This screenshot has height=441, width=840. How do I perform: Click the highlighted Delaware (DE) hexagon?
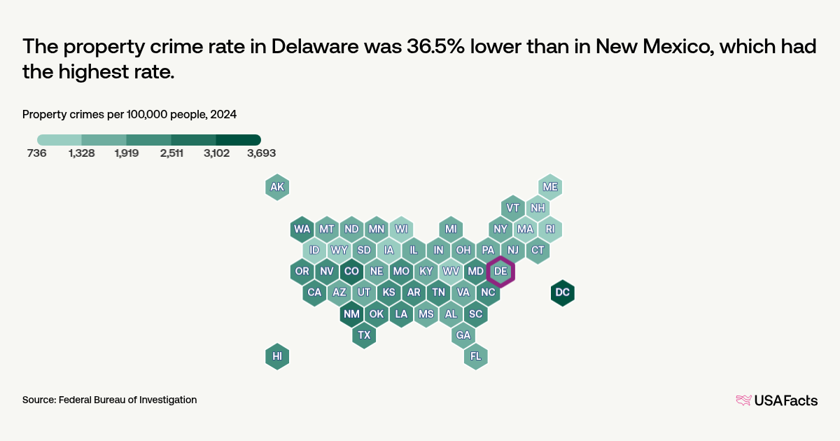point(500,271)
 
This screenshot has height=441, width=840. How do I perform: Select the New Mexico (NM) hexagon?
point(351,314)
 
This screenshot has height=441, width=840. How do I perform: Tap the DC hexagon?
point(562,292)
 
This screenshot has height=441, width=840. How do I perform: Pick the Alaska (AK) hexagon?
point(277,187)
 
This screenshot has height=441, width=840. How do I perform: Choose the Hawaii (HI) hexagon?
point(277,356)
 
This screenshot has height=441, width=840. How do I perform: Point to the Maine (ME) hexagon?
point(550,187)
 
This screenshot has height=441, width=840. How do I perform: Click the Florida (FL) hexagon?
point(476,356)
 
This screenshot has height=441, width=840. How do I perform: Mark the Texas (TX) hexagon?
point(364,335)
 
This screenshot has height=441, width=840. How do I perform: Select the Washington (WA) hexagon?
point(302,229)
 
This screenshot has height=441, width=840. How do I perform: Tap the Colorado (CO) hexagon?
point(351,271)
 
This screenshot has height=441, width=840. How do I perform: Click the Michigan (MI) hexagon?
point(451,229)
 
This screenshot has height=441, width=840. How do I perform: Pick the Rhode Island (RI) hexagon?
point(550,229)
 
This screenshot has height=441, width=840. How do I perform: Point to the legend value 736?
point(36,153)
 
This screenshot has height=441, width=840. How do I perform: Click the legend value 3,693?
point(261,153)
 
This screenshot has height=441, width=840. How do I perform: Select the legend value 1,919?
point(127,153)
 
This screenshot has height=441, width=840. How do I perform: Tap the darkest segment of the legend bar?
point(238,139)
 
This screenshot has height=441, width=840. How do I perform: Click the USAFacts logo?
point(776,400)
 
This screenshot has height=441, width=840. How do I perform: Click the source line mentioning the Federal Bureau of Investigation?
point(109,400)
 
